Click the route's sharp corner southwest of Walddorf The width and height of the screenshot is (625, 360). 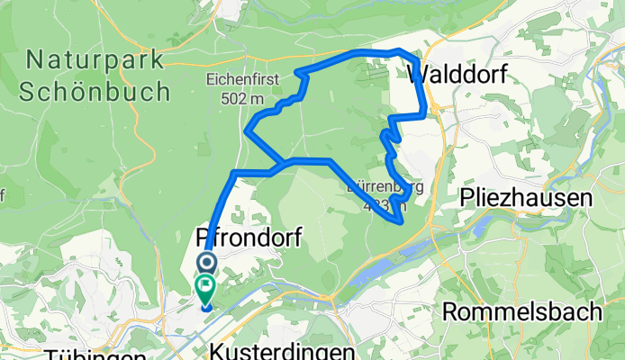coord(391,117)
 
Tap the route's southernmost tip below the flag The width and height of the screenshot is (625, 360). coord(206,307)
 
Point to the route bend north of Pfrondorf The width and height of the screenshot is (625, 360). coord(235,172)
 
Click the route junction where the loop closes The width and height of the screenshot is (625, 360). coord(285,162)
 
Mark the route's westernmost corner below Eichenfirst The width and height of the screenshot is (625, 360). coord(247,131)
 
